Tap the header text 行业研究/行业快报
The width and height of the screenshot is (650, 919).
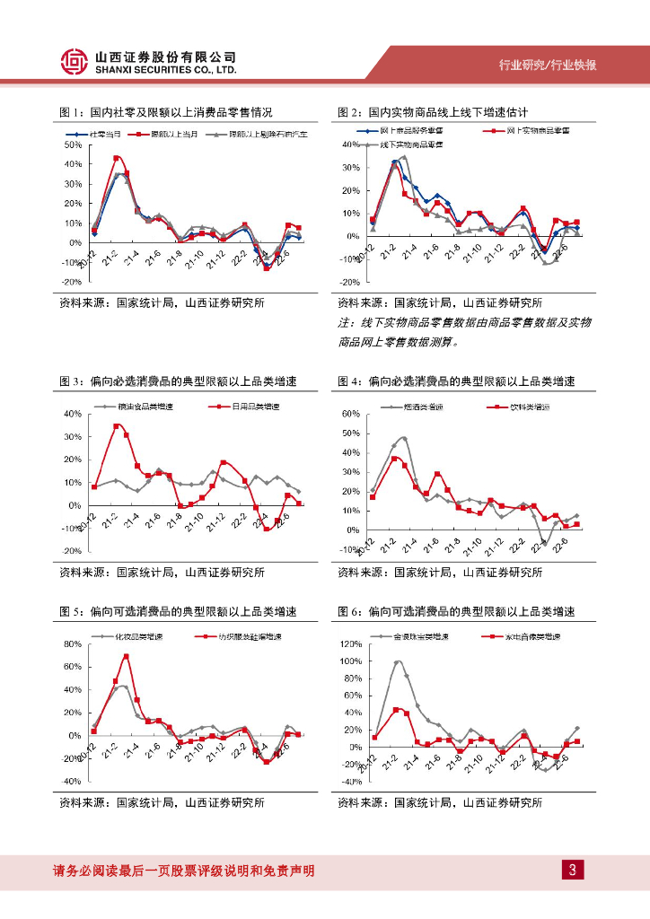pos(549,66)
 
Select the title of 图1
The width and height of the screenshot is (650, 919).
pos(165,112)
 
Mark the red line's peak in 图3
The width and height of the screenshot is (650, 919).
pos(117,425)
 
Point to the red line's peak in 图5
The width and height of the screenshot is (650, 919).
pos(126,656)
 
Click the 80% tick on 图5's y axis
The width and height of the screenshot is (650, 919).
pos(73,644)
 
